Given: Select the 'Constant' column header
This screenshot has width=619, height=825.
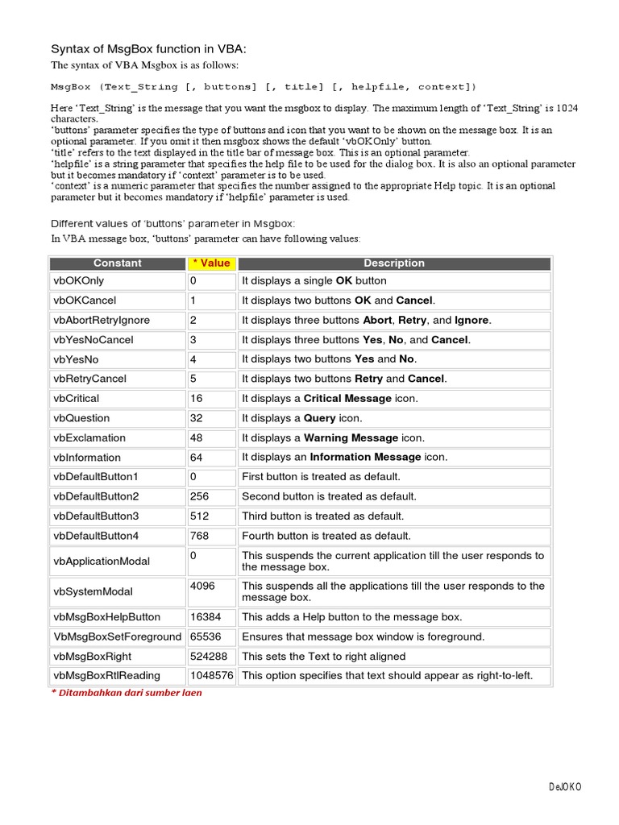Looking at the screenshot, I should coord(117,263).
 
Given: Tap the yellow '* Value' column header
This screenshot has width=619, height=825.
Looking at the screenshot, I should coord(211,263).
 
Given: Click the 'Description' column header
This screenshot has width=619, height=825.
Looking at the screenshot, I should coord(394,263).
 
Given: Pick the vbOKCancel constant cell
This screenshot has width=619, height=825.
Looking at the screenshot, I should coord(85,301).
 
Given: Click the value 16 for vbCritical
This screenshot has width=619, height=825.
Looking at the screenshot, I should coord(197,399).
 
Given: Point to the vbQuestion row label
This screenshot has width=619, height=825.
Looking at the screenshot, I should coord(82,418).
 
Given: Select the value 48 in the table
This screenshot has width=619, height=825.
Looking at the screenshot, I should coord(197,438).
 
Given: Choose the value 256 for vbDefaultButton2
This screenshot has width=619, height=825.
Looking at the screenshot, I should coord(199,497).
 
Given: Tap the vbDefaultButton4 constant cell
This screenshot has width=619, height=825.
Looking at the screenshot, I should coord(96,536).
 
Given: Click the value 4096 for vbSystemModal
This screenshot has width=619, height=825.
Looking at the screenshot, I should coord(202,587).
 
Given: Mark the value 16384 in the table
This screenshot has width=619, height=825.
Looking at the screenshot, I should coord(206,617).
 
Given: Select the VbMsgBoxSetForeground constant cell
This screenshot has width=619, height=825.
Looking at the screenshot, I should coord(118,637).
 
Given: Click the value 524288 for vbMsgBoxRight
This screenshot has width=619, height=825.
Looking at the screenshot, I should coord(209,657).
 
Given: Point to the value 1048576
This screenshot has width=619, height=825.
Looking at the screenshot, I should coord(211,676).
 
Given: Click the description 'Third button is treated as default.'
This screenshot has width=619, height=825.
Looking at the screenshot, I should coord(323,516).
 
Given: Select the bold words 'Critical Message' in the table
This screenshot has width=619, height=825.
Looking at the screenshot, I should coord(347,399).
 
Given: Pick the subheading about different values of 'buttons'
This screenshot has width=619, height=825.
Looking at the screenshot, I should coord(173,223).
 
